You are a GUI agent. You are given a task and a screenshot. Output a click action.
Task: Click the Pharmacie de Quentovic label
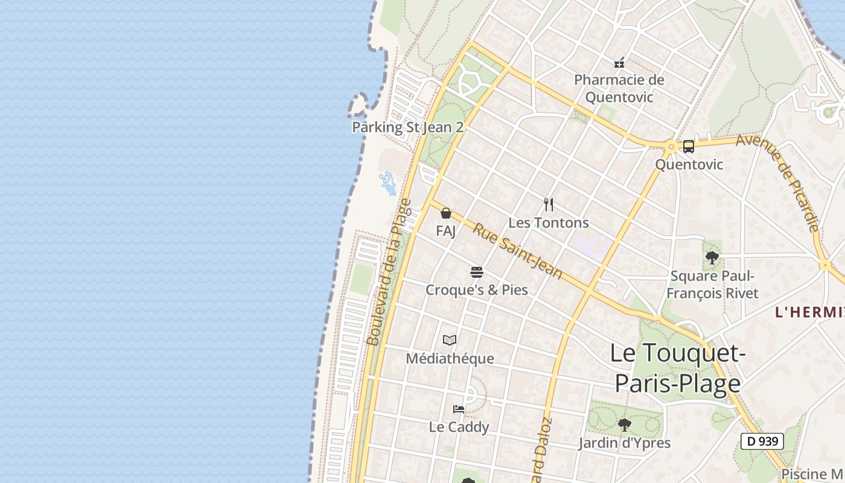[x=619, y=88]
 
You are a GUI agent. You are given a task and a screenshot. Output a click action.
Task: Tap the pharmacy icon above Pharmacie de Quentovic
[x=619, y=62]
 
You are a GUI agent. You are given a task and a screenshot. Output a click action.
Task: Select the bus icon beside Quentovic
[x=689, y=146]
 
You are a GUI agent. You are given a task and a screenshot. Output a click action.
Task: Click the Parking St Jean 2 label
[x=407, y=127]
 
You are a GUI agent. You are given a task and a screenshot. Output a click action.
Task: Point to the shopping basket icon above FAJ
[x=446, y=213]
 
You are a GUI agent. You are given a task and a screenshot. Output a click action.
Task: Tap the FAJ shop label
[x=445, y=231]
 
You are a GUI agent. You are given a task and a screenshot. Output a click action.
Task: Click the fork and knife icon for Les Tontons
[x=549, y=205]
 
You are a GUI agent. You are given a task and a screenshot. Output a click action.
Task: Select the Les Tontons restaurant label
[x=548, y=223]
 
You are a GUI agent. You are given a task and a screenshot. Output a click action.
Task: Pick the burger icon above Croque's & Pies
[x=477, y=272]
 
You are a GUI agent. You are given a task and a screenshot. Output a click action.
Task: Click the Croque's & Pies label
[x=477, y=290]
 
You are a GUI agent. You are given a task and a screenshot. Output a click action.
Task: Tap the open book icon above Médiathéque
[x=450, y=341]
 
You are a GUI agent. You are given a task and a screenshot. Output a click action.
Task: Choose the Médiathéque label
[x=450, y=359]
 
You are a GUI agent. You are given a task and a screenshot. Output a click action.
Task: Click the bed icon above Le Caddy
[x=459, y=409]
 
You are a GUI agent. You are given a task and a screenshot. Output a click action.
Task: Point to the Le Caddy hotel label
[x=459, y=427]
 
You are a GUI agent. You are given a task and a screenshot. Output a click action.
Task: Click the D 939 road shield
[x=762, y=441]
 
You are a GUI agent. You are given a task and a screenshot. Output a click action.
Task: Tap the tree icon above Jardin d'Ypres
[x=625, y=425]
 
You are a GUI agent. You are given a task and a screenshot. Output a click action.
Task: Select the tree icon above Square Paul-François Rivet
[x=712, y=258]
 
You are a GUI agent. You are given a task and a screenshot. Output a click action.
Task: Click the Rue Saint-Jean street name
[x=517, y=251]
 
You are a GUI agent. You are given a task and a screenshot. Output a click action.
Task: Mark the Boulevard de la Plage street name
[x=389, y=273]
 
